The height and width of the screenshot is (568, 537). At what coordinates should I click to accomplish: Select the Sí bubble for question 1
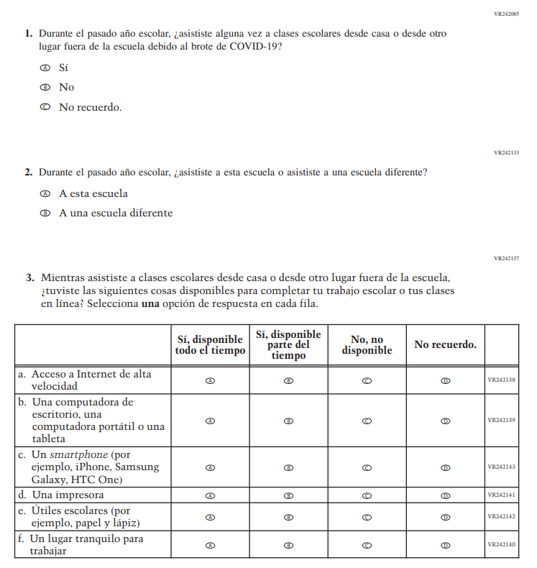point(45,68)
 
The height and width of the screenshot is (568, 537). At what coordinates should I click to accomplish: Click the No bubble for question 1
point(45,87)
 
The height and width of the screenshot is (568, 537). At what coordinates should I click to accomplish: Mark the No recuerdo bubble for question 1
point(45,107)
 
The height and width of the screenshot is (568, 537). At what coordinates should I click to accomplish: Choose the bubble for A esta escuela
point(45,193)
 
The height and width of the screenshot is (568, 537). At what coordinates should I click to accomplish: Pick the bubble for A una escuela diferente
point(45,213)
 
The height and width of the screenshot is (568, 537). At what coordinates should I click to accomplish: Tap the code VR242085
point(506,14)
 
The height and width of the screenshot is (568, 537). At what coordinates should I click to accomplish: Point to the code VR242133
point(506,152)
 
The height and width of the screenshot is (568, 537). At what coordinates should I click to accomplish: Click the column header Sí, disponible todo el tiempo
point(210,344)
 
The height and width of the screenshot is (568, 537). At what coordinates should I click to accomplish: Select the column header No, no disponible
point(367,344)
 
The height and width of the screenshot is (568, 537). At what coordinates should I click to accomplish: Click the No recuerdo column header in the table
point(445,344)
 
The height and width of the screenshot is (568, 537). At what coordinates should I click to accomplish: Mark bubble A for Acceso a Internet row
point(210,380)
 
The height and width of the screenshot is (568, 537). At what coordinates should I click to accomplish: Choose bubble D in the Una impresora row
point(445,495)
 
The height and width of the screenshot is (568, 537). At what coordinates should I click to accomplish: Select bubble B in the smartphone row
point(288,467)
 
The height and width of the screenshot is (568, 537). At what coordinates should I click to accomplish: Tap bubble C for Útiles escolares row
point(367,517)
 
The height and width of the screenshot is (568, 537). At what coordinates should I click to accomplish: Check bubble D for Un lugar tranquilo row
point(445,545)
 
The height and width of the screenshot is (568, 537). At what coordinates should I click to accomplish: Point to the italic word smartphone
point(75,454)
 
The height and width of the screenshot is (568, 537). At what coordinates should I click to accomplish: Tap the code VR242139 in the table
point(501,420)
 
